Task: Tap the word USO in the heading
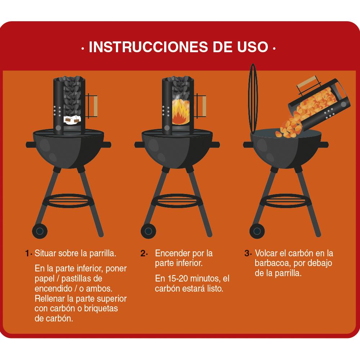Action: tap(252, 47)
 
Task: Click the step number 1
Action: tap(27, 253)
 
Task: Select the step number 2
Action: tap(143, 253)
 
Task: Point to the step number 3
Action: tap(247, 253)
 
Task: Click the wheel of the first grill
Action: tap(39, 230)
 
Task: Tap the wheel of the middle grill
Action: tap(148, 230)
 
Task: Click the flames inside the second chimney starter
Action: tap(181, 112)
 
